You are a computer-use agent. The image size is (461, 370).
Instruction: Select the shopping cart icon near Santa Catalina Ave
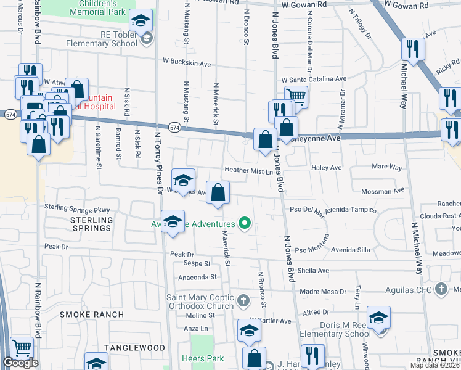pos(296,96)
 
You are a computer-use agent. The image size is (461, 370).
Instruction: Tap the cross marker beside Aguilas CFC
pos(441,289)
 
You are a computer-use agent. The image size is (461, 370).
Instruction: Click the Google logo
pos(20,363)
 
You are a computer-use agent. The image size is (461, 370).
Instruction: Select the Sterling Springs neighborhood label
pos(91,224)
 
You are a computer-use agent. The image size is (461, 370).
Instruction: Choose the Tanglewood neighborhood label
pos(134,348)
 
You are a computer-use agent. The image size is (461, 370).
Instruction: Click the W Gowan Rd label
pos(303,4)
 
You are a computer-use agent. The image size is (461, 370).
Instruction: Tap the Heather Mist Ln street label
pos(248,170)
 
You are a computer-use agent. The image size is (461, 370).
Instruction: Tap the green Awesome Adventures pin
pos(245,223)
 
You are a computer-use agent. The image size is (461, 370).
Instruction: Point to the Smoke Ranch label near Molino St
pos(92,314)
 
